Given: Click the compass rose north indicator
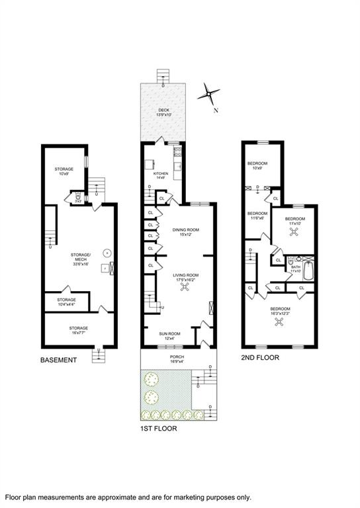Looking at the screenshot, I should tap(210, 95).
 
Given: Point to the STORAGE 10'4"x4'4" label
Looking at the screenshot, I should tap(66, 301).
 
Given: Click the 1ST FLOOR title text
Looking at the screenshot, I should tap(159, 429).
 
